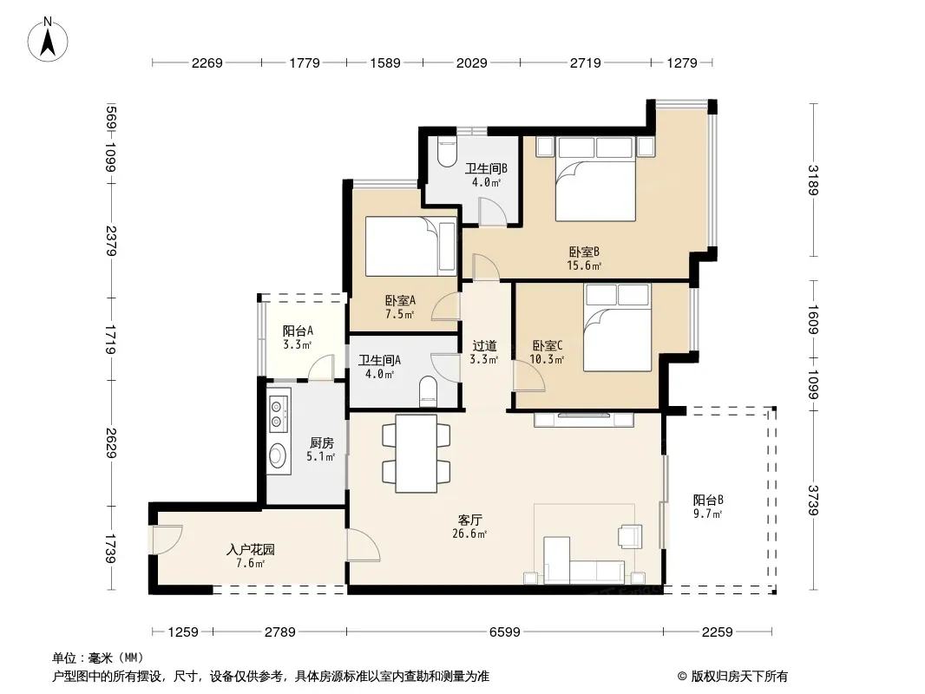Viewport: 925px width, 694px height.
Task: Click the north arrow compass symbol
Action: pyautogui.click(x=48, y=40)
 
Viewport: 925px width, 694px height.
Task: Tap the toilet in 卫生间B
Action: pyautogui.click(x=448, y=152)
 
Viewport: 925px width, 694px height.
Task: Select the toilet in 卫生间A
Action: pyautogui.click(x=429, y=392)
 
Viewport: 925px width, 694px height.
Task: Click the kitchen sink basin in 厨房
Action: pyautogui.click(x=278, y=455)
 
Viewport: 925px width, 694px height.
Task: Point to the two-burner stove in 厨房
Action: pyautogui.click(x=278, y=412)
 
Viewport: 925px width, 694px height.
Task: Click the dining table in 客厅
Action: pyautogui.click(x=416, y=454)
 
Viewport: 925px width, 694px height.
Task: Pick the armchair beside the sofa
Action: pyautogui.click(x=630, y=536)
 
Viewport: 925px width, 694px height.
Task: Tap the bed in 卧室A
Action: pyautogui.click(x=411, y=246)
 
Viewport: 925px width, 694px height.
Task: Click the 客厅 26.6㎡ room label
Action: pyautogui.click(x=470, y=527)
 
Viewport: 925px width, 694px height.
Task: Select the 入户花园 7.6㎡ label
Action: pyautogui.click(x=251, y=556)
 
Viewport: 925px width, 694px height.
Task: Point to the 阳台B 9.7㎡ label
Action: pyautogui.click(x=708, y=507)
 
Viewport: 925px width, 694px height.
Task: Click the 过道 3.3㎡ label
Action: pyautogui.click(x=484, y=352)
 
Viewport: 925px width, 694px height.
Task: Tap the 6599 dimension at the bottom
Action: pyautogui.click(x=505, y=632)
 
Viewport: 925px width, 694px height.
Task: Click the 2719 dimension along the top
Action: pyautogui.click(x=585, y=62)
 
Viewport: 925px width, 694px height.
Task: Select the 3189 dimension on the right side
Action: pyautogui.click(x=814, y=180)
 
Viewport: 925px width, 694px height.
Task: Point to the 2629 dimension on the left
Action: pyautogui.click(x=111, y=442)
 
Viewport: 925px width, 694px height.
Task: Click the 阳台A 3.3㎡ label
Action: pyautogui.click(x=298, y=337)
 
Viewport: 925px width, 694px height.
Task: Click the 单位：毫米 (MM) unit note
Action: pyautogui.click(x=98, y=658)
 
